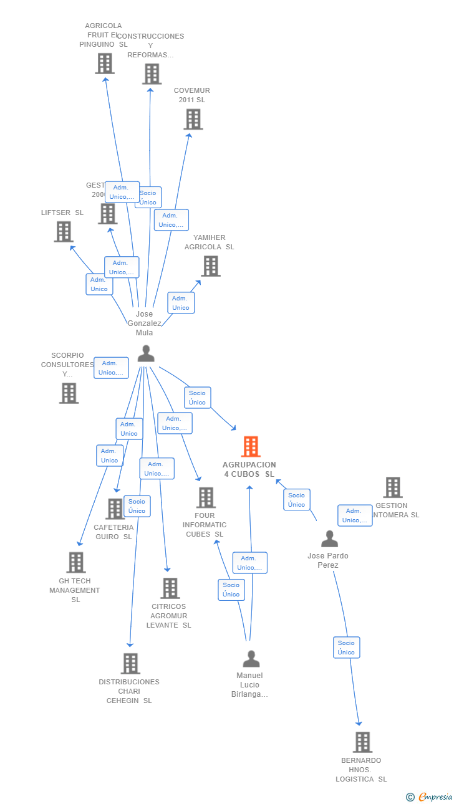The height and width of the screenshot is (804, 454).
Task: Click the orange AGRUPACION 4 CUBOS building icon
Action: tap(250, 446)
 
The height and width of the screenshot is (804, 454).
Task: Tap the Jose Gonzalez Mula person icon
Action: tap(146, 353)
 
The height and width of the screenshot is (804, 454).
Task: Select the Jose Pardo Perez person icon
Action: tap(329, 538)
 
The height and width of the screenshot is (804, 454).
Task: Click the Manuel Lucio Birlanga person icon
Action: tap(251, 659)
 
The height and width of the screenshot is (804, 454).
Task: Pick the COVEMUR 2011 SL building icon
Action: tap(193, 119)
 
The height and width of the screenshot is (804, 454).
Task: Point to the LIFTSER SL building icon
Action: tap(64, 232)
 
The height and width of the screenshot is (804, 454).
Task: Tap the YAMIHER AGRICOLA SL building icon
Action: tap(211, 266)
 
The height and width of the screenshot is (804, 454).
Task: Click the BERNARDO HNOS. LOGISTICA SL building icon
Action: tap(362, 742)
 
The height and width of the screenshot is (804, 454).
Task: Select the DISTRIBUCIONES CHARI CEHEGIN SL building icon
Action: tap(130, 664)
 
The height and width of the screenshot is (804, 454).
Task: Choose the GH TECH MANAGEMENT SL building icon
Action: tap(75, 562)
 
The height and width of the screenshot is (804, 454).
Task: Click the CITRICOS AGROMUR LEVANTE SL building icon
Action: tap(170, 588)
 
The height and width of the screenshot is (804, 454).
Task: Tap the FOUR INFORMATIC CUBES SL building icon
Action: tap(206, 497)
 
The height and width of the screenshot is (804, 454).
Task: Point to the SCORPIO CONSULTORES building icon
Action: tap(69, 393)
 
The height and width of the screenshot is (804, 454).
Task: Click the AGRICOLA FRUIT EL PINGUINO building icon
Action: tap(105, 64)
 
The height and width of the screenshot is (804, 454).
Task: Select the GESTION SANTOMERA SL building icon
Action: tap(392, 487)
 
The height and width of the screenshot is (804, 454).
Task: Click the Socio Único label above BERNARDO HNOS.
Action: tap(346, 648)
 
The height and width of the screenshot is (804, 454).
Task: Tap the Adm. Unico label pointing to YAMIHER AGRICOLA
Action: tap(181, 303)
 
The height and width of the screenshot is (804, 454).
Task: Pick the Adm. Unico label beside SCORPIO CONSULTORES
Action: tap(111, 368)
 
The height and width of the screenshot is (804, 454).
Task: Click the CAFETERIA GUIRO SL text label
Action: tap(113, 532)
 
